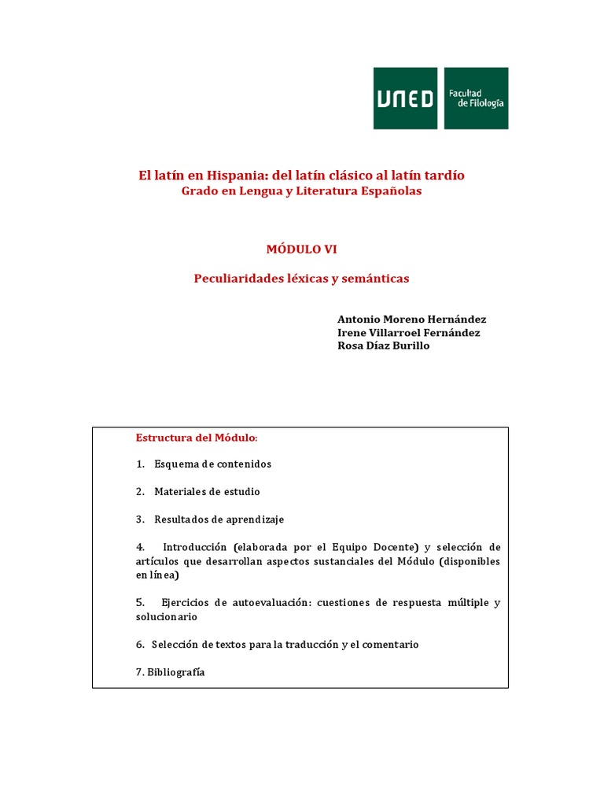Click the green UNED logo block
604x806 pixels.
point(405,98)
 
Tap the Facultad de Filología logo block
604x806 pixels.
point(476,98)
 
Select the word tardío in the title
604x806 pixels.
point(443,176)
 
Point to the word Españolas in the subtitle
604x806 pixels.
point(388,191)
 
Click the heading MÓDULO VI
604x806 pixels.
point(301,249)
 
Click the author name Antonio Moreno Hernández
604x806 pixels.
point(411,319)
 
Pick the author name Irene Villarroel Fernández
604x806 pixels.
point(408,332)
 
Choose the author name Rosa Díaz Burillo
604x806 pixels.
point(383,346)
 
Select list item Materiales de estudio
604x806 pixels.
point(207,492)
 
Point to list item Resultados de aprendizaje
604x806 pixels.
point(219,519)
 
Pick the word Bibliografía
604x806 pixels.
point(176,672)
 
